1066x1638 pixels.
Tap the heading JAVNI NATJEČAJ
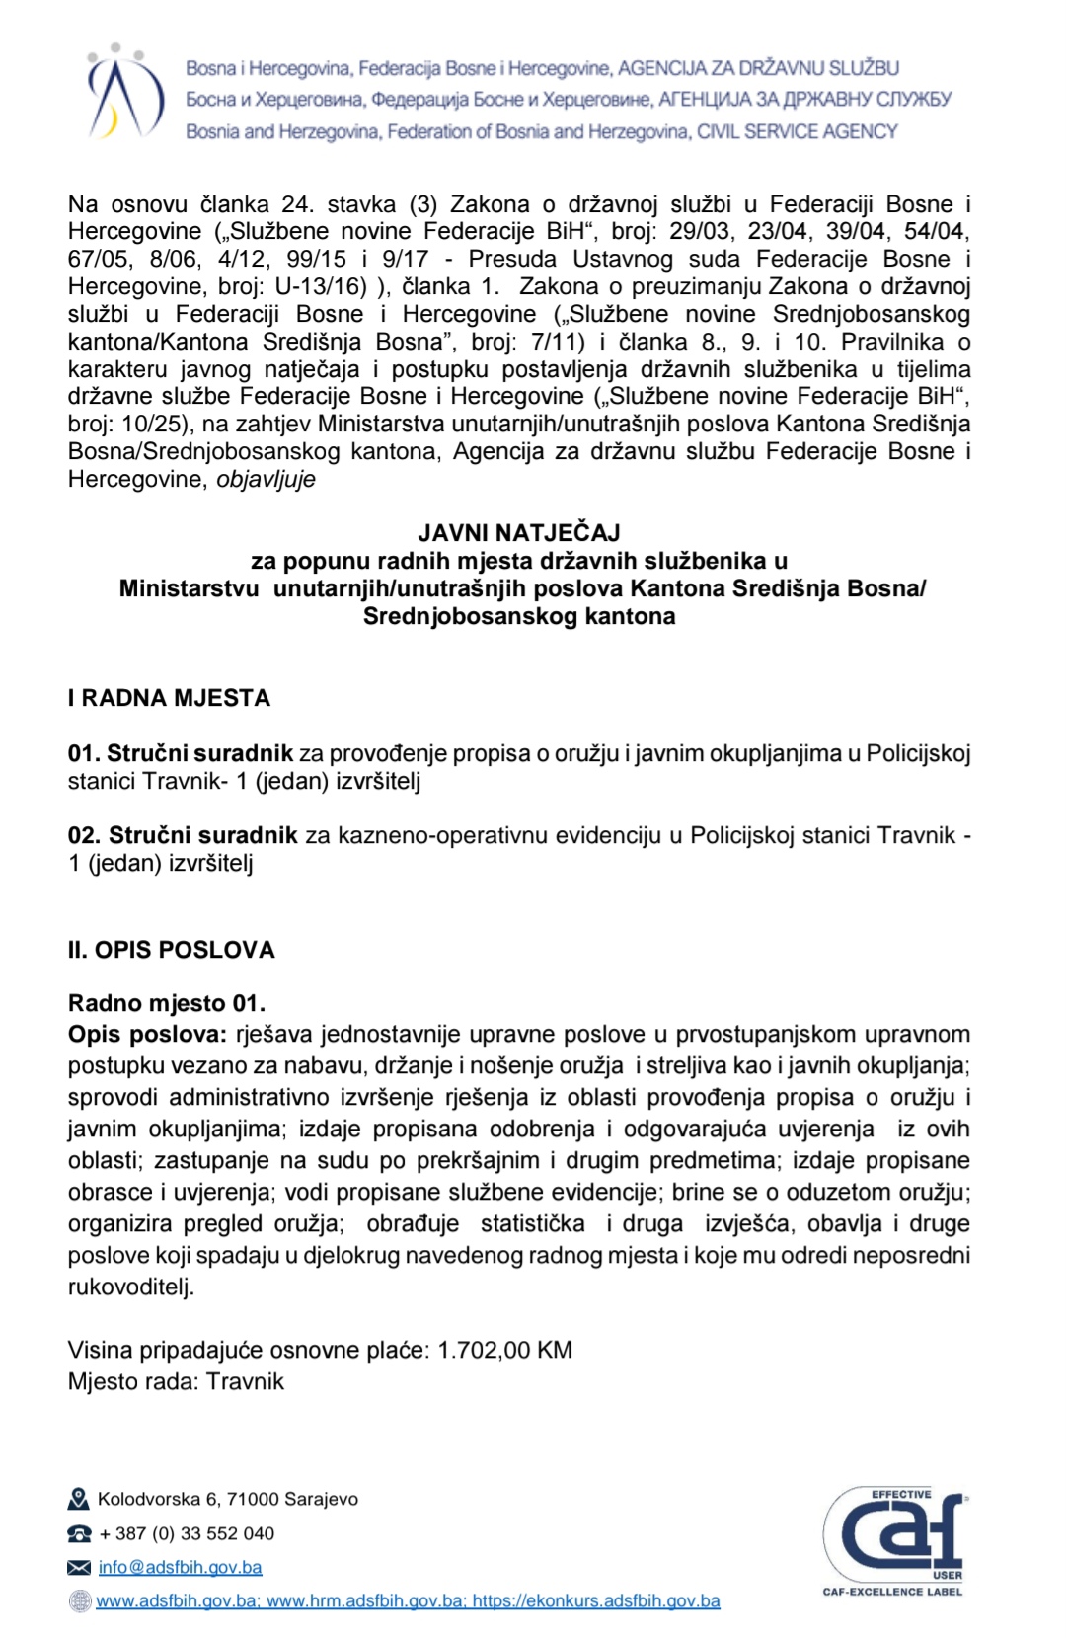(519, 533)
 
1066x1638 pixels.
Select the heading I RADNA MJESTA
(169, 698)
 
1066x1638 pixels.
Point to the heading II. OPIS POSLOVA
(172, 950)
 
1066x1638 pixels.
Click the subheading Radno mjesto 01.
(167, 1003)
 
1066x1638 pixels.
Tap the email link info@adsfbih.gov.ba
(180, 1567)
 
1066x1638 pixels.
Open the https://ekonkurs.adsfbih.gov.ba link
(596, 1600)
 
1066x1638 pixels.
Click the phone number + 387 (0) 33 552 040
(187, 1533)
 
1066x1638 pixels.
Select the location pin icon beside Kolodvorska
(79, 1500)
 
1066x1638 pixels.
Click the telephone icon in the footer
(79, 1534)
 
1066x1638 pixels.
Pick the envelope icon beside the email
(79, 1568)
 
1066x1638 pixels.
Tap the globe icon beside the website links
(79, 1601)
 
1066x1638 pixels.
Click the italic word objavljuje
(266, 479)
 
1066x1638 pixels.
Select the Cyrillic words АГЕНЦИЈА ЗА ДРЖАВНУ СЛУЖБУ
(804, 100)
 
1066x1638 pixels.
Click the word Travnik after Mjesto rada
(245, 1381)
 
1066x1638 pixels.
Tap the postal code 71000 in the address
(253, 1499)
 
